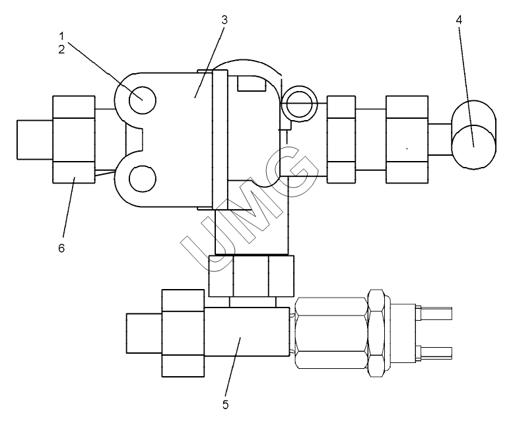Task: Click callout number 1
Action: pos(61,36)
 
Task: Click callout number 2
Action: pos(61,49)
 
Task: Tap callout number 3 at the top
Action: pos(224,20)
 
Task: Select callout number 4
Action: pos(459,20)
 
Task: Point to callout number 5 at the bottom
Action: pos(226,405)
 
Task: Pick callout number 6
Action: pos(61,248)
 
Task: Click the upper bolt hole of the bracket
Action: pos(142,100)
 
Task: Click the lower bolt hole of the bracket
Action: pos(142,179)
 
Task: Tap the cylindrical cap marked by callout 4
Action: pos(473,135)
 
